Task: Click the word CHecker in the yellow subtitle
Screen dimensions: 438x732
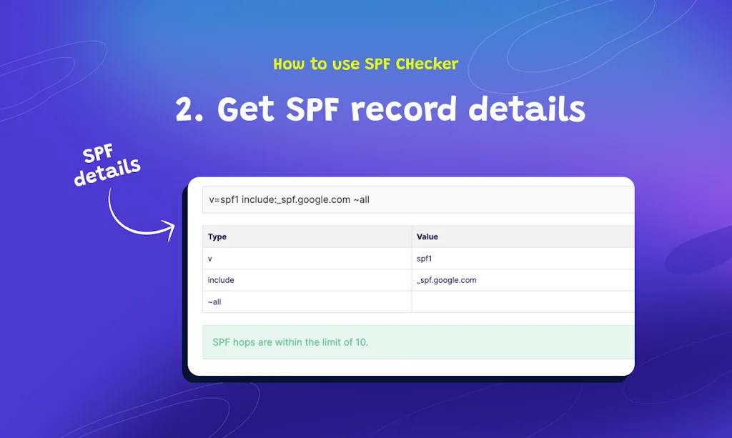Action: [x=427, y=64]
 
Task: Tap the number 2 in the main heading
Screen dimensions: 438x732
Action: [x=187, y=110]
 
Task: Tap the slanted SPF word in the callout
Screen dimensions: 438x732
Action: [x=99, y=154]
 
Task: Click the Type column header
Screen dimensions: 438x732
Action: [x=217, y=237]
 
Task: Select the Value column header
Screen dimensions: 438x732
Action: [x=427, y=237]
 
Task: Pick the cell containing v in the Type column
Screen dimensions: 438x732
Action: [x=210, y=259]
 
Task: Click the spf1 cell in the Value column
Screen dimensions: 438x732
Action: [x=425, y=259]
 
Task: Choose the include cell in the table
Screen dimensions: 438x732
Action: [x=221, y=280]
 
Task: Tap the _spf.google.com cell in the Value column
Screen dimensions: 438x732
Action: [x=446, y=280]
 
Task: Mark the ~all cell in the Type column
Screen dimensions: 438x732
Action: [x=214, y=302]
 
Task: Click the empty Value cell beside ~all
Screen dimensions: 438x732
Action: [x=522, y=302]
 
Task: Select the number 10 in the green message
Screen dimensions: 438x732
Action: [x=361, y=342]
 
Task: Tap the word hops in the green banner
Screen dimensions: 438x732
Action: [x=244, y=342]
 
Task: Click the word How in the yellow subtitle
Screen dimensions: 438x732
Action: [x=289, y=64]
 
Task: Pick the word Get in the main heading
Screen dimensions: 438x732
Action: [x=245, y=110]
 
